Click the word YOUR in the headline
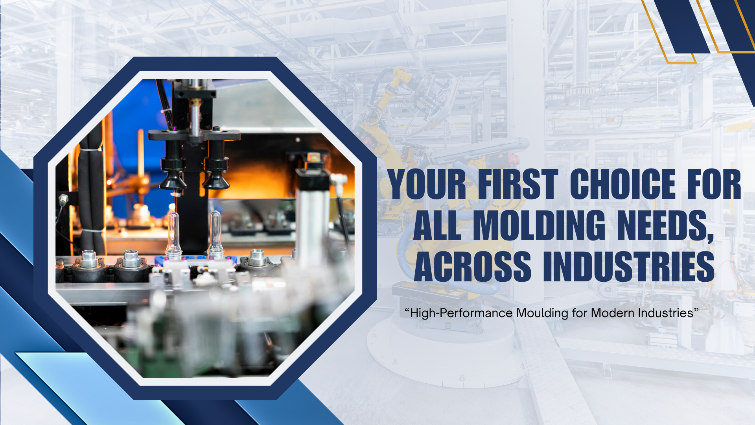(x=427, y=184)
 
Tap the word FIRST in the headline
(x=518, y=184)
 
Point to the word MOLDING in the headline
(x=539, y=225)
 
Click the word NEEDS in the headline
(x=665, y=226)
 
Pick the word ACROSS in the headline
(x=473, y=266)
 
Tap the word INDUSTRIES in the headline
(x=629, y=266)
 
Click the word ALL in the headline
(x=437, y=225)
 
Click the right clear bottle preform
(x=215, y=235)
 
